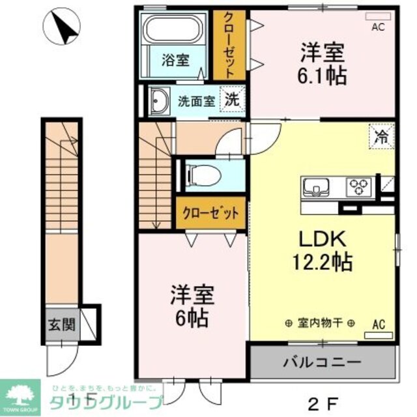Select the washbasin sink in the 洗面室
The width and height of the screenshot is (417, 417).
159,102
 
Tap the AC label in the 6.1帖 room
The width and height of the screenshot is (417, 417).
378,28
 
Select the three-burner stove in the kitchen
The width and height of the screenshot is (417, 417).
358,188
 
